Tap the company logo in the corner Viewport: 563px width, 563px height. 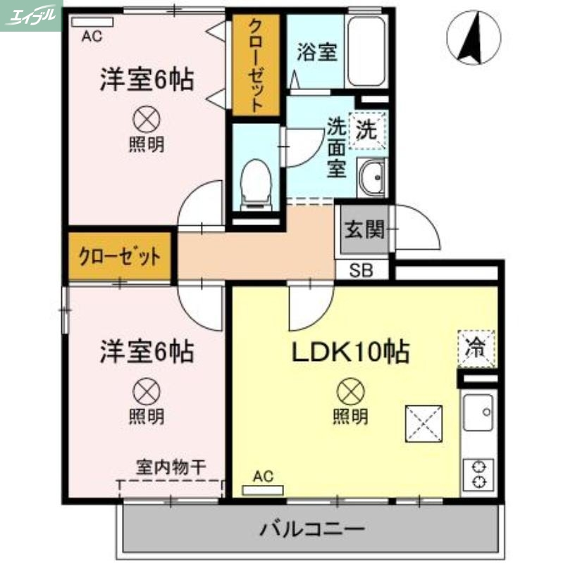point(31,15)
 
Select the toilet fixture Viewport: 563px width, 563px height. point(254,184)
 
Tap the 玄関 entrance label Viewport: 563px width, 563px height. point(364,229)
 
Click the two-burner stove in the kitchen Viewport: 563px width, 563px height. point(480,473)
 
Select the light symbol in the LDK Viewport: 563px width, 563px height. point(350,389)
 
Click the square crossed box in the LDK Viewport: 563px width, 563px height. point(423,424)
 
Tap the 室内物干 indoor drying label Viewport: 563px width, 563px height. point(171,466)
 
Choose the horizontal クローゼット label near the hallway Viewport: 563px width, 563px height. point(119,255)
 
